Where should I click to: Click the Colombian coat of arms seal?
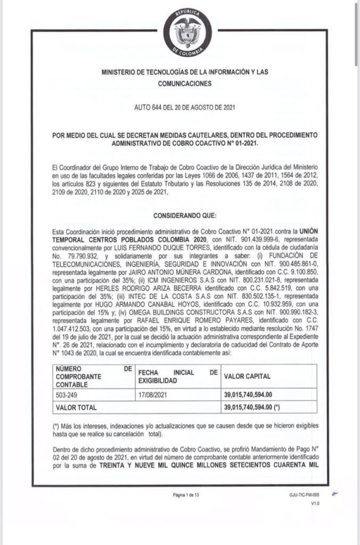tap(187, 31)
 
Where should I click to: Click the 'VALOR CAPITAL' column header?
tap(247, 376)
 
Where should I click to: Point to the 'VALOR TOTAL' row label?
tap(76, 408)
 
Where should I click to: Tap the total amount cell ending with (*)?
tap(253, 408)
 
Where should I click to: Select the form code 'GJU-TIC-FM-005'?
tap(305, 494)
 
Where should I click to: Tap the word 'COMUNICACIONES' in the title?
tap(184, 84)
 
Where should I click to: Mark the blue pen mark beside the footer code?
tap(335, 493)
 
